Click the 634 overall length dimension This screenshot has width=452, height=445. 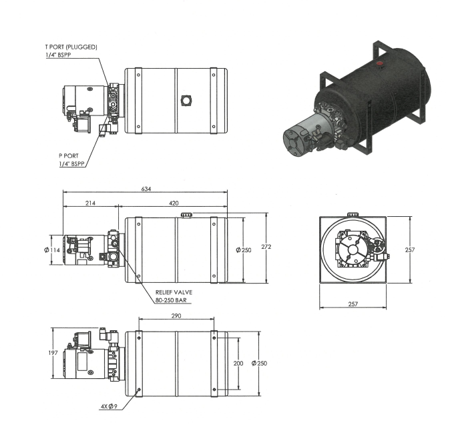[146, 189]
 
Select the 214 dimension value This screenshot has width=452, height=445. [90, 203]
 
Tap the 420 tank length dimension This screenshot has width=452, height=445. [174, 203]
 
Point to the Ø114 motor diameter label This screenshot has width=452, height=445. [52, 250]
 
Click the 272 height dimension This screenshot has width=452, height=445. [266, 247]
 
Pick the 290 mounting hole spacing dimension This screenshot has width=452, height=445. [176, 316]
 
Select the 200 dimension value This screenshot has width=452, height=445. [238, 364]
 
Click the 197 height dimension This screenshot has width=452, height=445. [53, 353]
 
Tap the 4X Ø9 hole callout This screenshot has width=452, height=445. [109, 407]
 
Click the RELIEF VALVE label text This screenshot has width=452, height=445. [174, 292]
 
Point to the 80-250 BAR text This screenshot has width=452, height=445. [171, 300]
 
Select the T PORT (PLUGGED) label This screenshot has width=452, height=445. [71, 47]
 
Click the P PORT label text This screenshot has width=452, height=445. [69, 156]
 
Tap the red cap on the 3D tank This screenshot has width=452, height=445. [380, 63]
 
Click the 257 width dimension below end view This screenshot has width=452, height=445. [353, 304]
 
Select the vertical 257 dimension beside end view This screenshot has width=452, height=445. [410, 250]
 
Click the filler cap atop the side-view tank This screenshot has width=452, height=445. [186, 215]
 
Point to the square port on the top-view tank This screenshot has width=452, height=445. [186, 101]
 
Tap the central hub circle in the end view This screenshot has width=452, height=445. [353, 250]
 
